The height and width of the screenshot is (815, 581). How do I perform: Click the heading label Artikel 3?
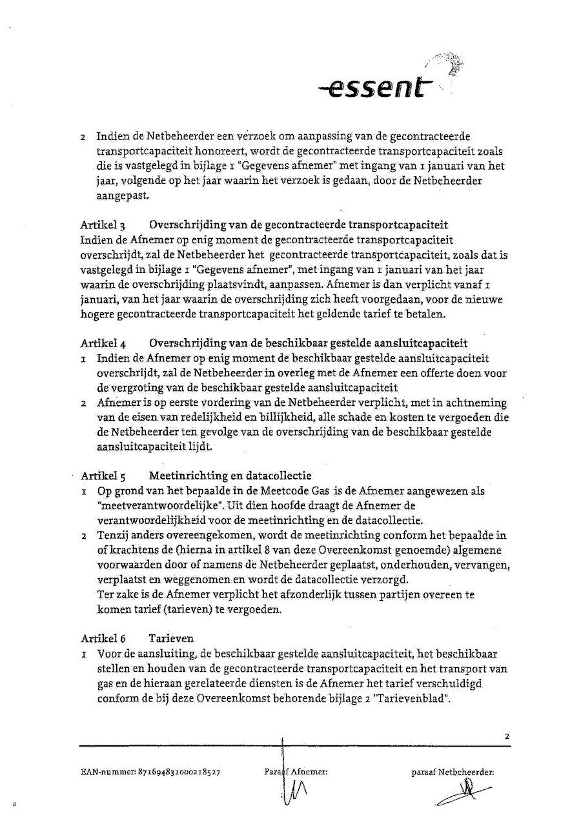tap(102, 225)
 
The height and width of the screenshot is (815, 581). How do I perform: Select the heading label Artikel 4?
tap(102, 343)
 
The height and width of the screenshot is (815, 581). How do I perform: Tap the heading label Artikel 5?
tap(102, 476)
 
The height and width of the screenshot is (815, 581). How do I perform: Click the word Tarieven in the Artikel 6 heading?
tap(171, 638)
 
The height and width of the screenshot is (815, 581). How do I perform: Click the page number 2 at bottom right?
tap(507, 736)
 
